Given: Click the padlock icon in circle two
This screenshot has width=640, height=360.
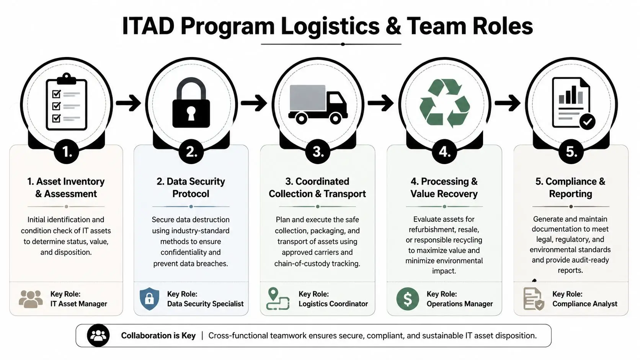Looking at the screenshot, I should tap(191, 103).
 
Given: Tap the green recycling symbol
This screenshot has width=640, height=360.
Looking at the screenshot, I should tap(444, 103).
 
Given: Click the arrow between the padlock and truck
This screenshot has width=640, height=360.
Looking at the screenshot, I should tap(254, 103).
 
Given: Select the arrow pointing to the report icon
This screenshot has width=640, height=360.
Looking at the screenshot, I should tap(508, 103).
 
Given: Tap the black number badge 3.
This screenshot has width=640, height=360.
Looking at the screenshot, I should tap(318, 152).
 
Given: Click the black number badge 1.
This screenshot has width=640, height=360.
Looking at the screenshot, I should tap(66, 152).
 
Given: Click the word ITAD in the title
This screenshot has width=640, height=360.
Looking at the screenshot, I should tap(148, 26).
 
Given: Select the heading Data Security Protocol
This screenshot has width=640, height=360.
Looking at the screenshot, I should tap(191, 187).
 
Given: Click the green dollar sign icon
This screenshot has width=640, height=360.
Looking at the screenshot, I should tap(407, 299).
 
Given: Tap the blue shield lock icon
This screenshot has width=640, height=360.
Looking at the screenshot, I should tap(149, 299).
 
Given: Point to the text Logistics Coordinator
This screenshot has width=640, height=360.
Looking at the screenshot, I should tap(333, 304).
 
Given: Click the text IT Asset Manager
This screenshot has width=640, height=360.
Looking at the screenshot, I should tap(78, 304).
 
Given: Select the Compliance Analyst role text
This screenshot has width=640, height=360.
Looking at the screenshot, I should tap(584, 304).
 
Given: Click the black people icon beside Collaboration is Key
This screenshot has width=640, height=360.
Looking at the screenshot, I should tap(98, 336).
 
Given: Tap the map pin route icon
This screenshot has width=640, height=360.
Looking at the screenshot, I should tap(278, 299).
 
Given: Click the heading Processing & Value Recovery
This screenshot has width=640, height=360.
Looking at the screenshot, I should tap(444, 187).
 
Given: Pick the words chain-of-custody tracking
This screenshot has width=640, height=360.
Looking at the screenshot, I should tap(317, 264).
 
